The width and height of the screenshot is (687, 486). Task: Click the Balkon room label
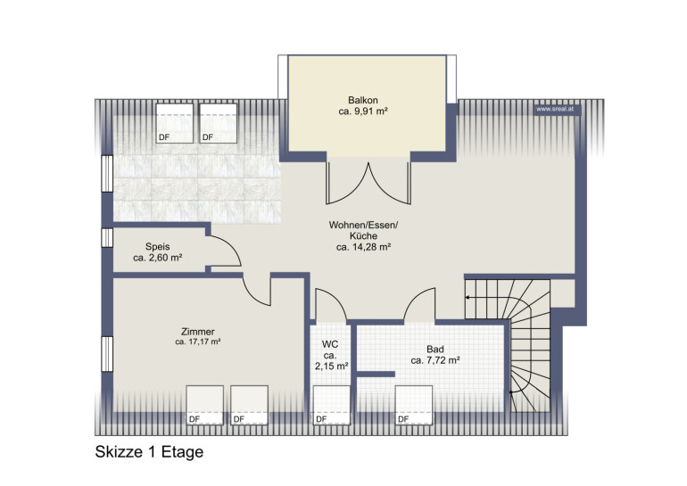363,100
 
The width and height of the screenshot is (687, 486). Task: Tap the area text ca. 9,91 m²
363,111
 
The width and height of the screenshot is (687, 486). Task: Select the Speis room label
158,246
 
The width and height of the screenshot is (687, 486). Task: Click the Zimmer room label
198,332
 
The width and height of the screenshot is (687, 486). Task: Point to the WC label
330,344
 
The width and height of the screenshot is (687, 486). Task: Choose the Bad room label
435,349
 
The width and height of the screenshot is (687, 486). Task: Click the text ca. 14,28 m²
364,247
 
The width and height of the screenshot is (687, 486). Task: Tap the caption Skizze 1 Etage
149,452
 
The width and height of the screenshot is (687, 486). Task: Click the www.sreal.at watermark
555,109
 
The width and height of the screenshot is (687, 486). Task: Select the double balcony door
368,182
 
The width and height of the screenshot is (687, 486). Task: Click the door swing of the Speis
224,251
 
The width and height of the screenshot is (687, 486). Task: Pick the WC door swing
331,306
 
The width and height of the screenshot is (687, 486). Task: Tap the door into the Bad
419,305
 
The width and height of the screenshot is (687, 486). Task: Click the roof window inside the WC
332,405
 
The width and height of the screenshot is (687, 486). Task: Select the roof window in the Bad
414,405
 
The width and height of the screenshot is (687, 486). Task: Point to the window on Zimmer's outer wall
107,354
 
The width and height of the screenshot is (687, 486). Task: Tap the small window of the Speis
107,237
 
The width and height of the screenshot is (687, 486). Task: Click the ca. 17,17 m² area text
198,342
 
